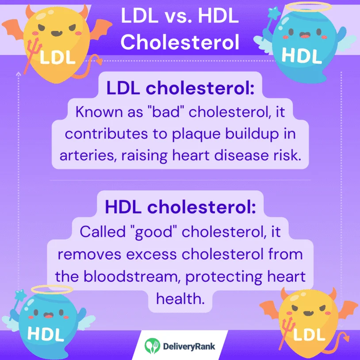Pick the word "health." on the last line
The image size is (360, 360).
coord(180,299)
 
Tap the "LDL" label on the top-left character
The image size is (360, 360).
coord(58,57)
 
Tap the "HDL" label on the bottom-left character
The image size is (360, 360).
coord(45,335)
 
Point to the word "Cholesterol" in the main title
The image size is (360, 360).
coord(180,42)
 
